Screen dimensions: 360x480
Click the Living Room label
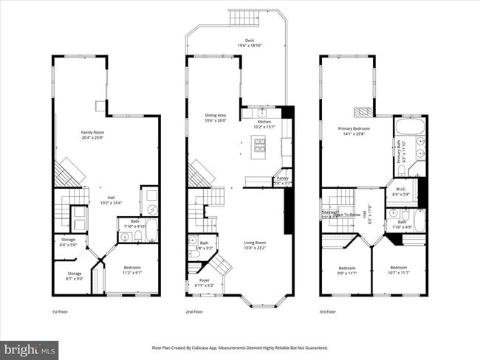pos(255,245)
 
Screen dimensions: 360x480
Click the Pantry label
pos(282,180)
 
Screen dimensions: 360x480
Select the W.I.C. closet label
pos(402,190)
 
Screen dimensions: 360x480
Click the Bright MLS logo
pos(30,347)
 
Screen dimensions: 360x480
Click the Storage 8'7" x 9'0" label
pos(69,275)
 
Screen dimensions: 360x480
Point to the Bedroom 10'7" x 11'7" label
pos(398,269)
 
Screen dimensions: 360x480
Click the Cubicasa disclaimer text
pos(239,347)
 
